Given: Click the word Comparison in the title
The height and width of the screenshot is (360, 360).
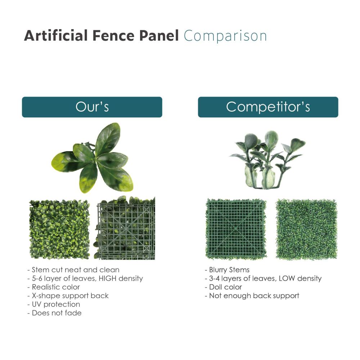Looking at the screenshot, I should coord(225,37).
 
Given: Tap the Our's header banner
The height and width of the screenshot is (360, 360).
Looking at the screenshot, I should coord(92,107).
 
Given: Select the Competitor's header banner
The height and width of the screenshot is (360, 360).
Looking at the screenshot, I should coord(268,107).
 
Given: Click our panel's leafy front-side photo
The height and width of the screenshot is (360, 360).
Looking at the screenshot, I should coord(59,229).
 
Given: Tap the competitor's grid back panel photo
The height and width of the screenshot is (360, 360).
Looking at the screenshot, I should coord(236,229).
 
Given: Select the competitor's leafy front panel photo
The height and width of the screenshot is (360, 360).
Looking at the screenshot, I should coord(306,229).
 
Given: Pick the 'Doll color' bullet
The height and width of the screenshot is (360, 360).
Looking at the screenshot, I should coord(225,287).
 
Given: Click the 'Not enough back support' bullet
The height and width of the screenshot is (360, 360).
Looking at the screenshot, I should coord(254,296).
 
